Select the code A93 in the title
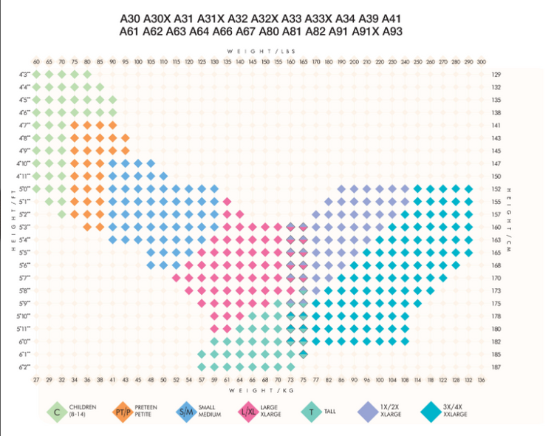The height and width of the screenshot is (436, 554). [x=389, y=31]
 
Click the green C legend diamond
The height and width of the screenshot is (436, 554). [x=56, y=411]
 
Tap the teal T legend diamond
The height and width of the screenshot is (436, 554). [x=311, y=411]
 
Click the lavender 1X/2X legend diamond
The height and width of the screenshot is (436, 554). [x=367, y=411]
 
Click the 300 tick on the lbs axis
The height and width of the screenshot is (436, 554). [x=482, y=61]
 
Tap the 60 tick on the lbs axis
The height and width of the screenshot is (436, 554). [x=36, y=61]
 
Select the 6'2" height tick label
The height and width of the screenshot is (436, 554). [x=24, y=367]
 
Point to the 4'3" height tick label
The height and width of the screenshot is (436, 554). [x=24, y=75]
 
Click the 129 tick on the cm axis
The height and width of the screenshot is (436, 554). [x=496, y=75]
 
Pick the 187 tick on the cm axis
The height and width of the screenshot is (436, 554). [x=496, y=367]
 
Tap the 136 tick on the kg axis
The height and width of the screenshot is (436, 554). [x=482, y=380]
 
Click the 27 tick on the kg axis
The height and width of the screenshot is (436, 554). [x=36, y=380]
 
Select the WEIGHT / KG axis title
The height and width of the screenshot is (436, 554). [x=258, y=389]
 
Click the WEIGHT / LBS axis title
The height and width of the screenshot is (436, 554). [x=258, y=51]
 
